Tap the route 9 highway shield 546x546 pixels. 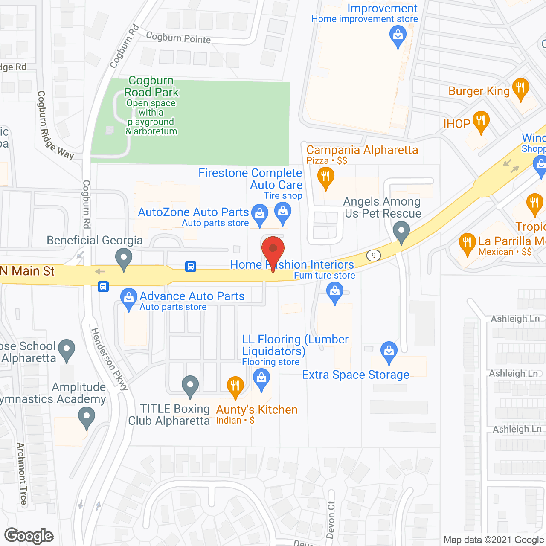[374, 256]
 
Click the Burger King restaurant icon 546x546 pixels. [520, 88]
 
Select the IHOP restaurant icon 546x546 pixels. [481, 121]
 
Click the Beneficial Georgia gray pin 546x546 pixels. [124, 258]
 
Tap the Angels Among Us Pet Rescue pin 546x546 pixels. [401, 232]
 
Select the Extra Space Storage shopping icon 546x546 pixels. [389, 351]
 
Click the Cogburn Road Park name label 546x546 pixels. [151, 87]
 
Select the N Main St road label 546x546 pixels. [28, 271]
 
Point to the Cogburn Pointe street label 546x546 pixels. [178, 38]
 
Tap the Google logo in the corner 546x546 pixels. [29, 536]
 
